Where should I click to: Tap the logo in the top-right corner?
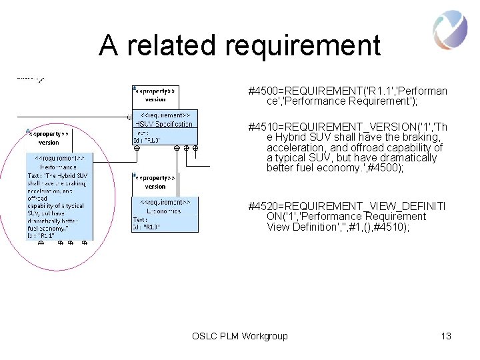[x=450, y=31]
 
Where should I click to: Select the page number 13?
[x=446, y=336]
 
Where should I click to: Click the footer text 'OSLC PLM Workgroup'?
[x=239, y=336]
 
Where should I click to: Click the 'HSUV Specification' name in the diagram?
[x=164, y=124]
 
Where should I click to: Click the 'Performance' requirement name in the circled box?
[x=59, y=167]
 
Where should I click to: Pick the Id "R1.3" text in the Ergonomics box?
[x=147, y=227]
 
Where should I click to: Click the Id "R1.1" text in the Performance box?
[x=41, y=235]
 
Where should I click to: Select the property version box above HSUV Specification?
[x=155, y=95]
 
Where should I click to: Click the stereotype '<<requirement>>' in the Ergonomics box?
[x=165, y=201]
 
